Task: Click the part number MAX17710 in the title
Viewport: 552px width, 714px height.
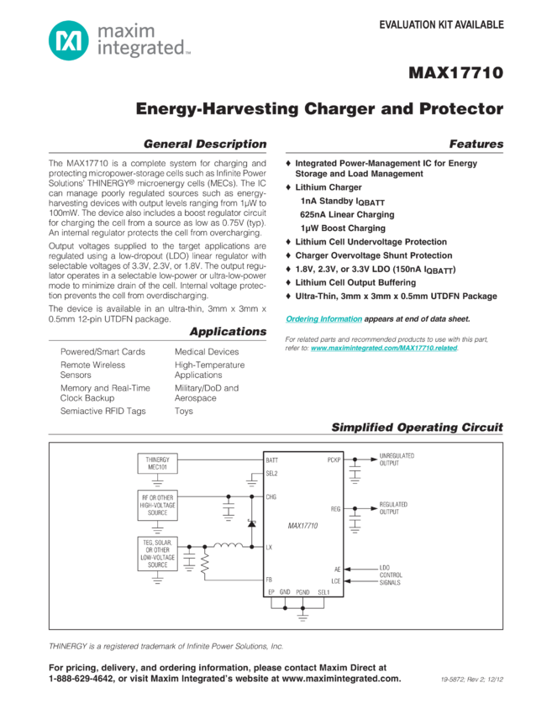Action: pyautogui.click(x=455, y=72)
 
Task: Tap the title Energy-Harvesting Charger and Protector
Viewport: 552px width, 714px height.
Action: pyautogui.click(x=319, y=109)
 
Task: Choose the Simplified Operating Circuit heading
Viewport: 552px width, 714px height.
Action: pyautogui.click(x=417, y=428)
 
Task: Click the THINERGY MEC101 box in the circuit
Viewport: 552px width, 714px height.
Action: pyautogui.click(x=157, y=464)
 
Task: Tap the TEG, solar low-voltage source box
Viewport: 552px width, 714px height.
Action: pyautogui.click(x=157, y=554)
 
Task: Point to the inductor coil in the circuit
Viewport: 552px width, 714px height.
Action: pyautogui.click(x=224, y=547)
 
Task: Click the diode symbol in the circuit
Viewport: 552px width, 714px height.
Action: pyautogui.click(x=250, y=523)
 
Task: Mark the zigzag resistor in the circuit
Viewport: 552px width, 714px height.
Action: pyautogui.click(x=202, y=569)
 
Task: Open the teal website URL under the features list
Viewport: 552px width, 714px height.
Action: pyautogui.click(x=384, y=347)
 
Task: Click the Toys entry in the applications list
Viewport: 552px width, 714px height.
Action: pyautogui.click(x=182, y=411)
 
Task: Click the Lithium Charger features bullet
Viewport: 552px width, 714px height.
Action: pyautogui.click(x=315, y=187)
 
